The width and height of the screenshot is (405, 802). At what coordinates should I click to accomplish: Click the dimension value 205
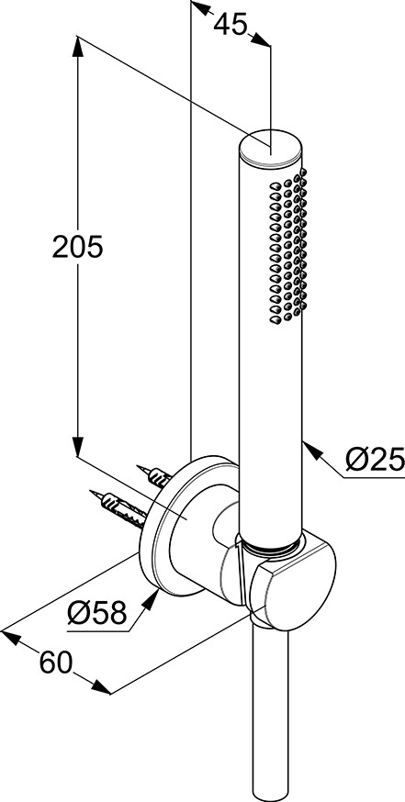(78, 248)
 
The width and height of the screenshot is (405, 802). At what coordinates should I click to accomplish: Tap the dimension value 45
(231, 24)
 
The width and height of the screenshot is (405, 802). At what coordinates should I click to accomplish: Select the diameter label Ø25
(375, 461)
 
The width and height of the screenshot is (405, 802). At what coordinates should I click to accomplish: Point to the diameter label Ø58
(96, 612)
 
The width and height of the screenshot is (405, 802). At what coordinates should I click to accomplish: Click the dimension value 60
(56, 664)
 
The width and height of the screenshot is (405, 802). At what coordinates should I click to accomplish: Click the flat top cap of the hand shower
(271, 147)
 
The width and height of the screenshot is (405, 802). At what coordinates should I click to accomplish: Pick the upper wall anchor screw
(154, 476)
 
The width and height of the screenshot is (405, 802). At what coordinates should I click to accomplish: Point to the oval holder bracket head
(293, 582)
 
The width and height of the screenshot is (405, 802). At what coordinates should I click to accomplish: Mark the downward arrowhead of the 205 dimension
(77, 445)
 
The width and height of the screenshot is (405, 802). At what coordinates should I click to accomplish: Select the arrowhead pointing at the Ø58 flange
(150, 599)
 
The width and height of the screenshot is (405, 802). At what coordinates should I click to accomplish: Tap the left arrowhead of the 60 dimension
(12, 638)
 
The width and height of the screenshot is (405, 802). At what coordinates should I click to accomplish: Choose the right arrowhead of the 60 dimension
(100, 687)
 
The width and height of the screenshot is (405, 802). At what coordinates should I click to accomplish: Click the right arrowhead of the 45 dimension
(261, 39)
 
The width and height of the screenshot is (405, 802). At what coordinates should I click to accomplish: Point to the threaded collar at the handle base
(270, 546)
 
